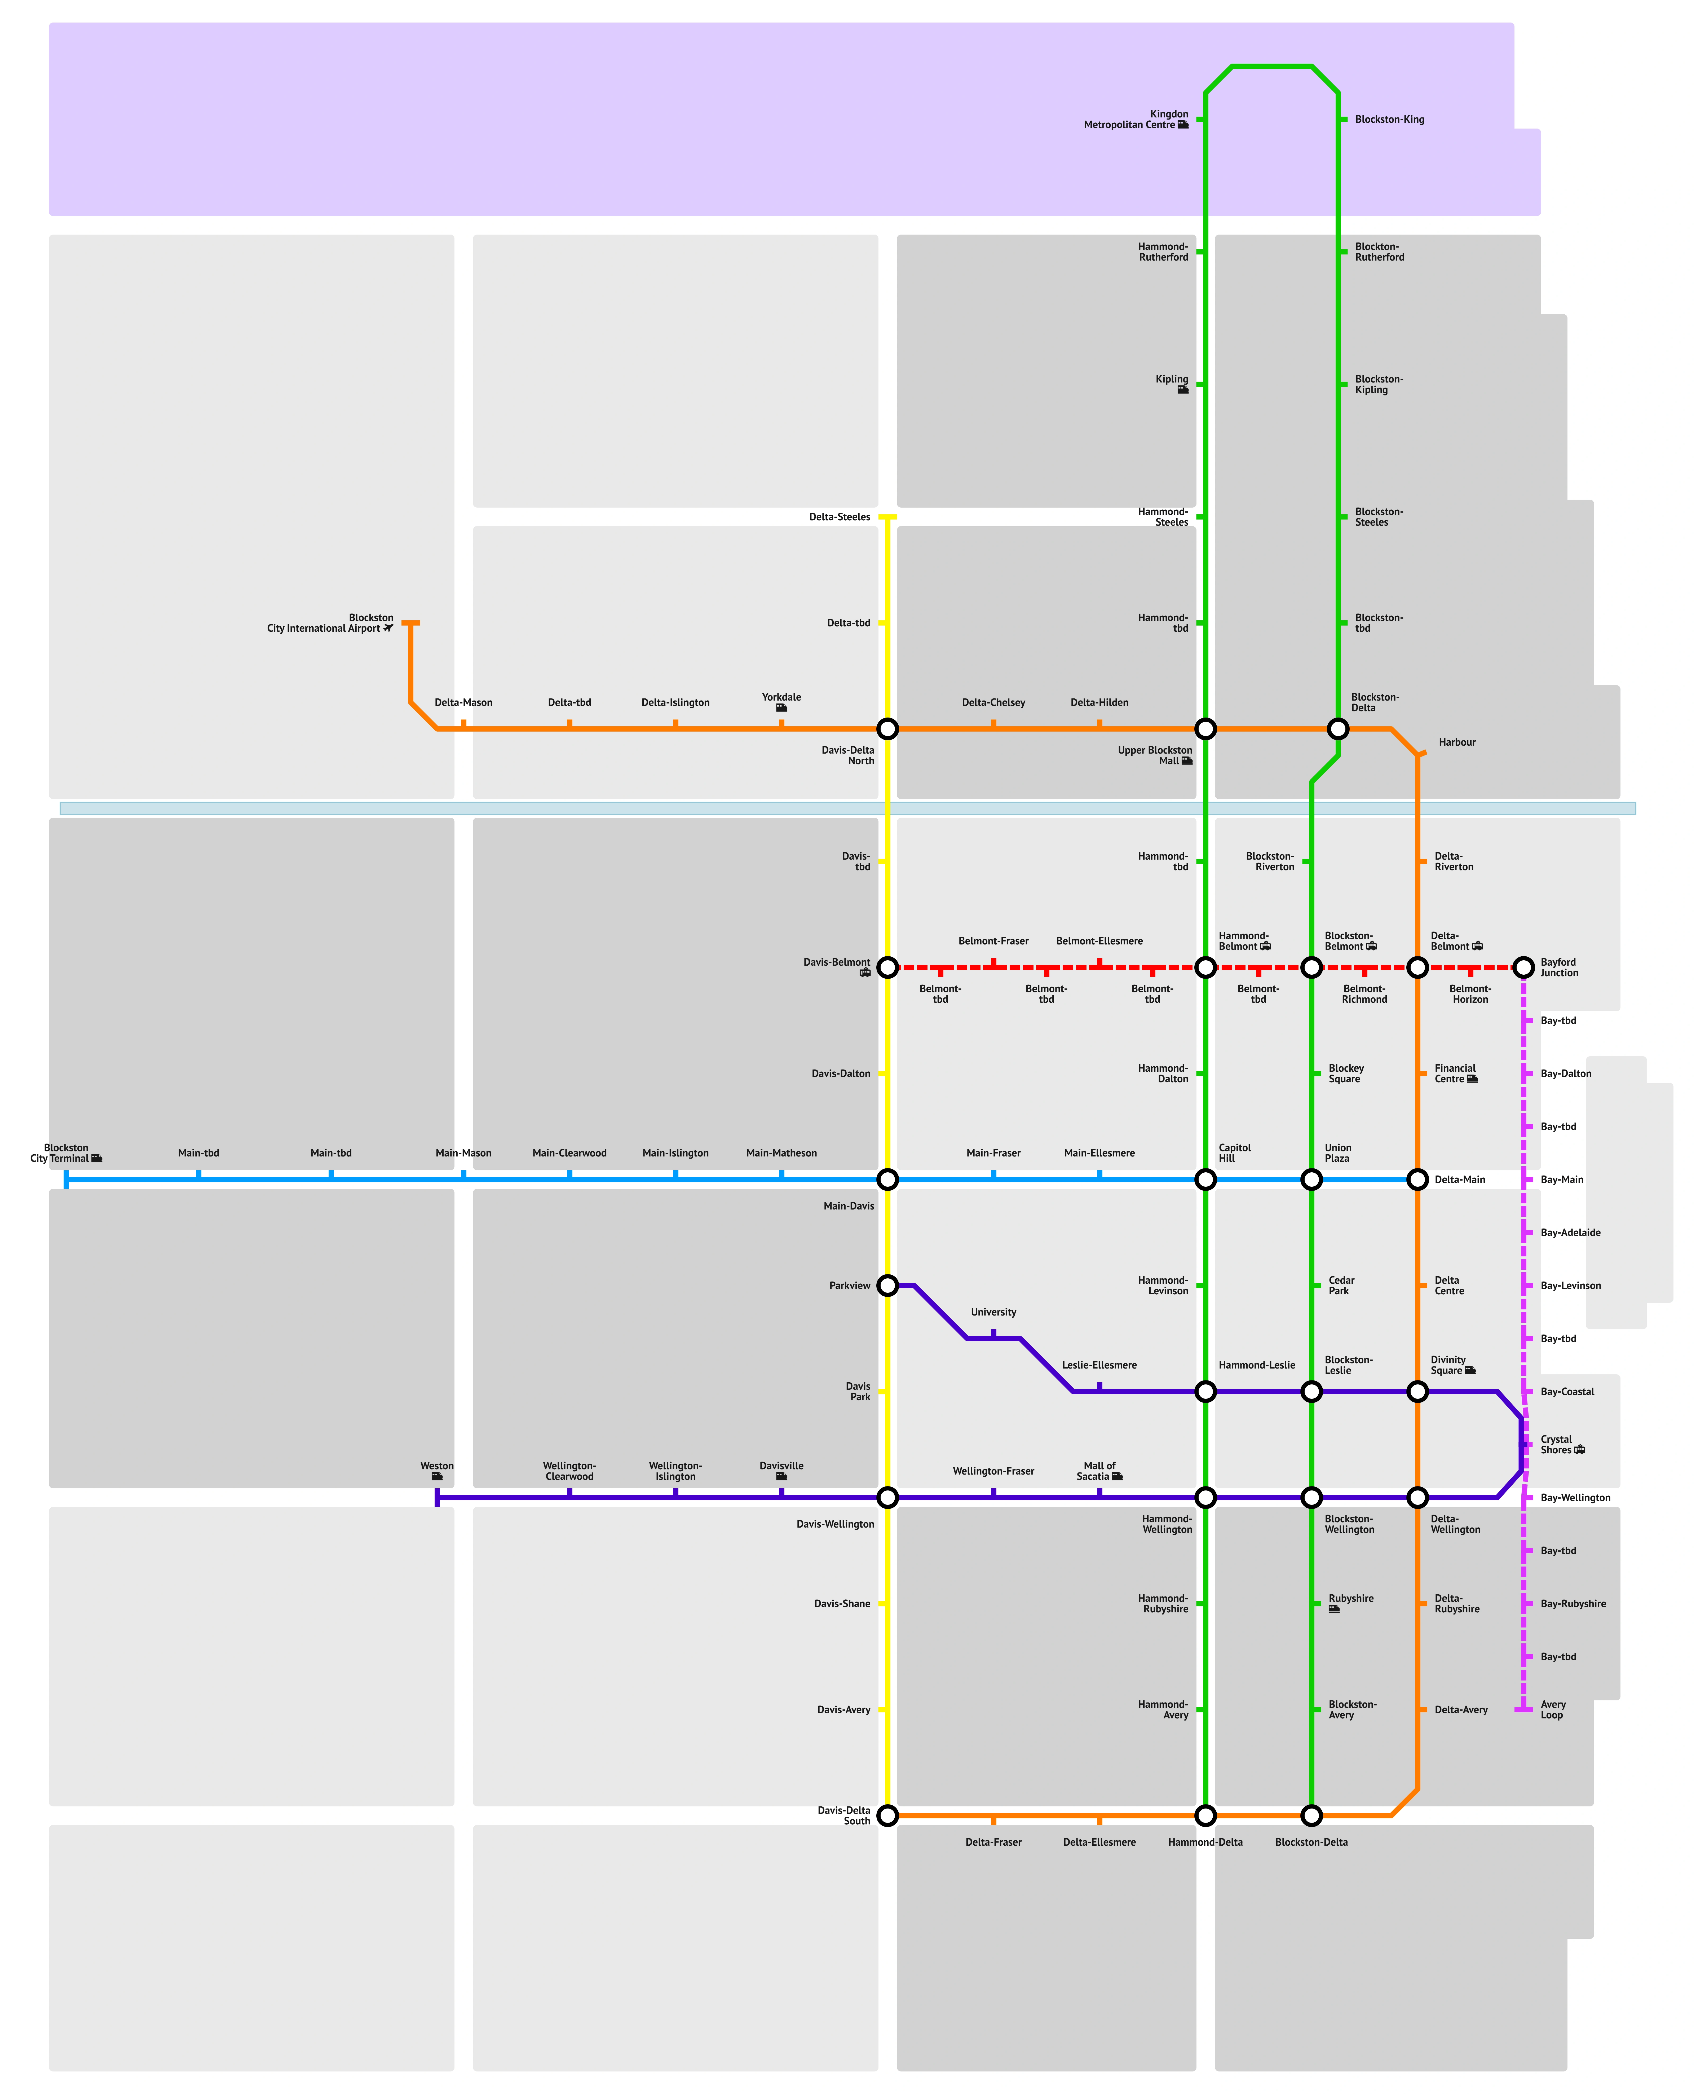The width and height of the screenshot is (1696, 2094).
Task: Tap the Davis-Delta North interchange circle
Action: pos(887,729)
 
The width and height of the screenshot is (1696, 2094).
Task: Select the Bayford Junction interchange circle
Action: pos(1523,967)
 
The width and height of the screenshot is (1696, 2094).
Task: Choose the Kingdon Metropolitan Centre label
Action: pos(1135,119)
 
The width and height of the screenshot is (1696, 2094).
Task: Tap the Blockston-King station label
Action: pos(1389,119)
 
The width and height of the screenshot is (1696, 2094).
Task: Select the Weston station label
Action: pos(437,1466)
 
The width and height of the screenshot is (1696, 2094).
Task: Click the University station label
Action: pos(993,1312)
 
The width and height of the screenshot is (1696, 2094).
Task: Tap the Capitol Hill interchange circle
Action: pos(1205,1180)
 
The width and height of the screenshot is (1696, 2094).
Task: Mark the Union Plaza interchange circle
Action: pos(1311,1180)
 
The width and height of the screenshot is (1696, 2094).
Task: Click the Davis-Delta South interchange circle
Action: pos(887,1815)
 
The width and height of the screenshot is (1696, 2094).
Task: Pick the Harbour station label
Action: pos(1457,743)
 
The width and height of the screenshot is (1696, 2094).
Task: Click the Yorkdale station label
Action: pos(781,698)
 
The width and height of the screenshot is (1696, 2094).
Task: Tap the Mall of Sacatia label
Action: pos(1099,1471)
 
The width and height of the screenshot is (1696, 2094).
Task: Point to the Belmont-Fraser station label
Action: pos(993,941)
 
